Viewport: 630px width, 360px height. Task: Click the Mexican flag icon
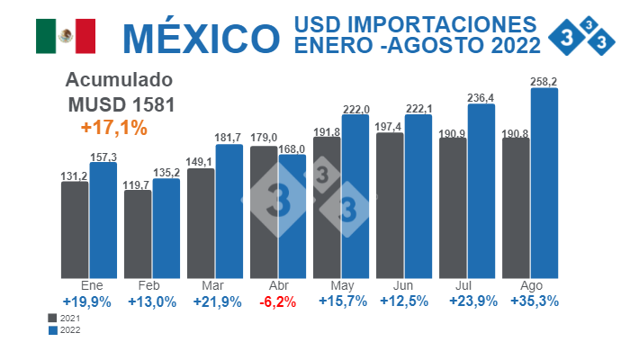click(x=65, y=35)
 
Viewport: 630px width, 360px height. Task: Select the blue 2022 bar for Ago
click(x=544, y=182)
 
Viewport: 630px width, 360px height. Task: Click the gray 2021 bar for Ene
click(x=75, y=229)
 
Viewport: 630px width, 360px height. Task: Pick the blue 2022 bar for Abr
click(x=292, y=216)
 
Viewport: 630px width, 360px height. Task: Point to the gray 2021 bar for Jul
click(x=453, y=207)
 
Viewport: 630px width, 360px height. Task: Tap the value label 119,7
click(x=137, y=184)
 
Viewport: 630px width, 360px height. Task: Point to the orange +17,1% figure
click(x=113, y=128)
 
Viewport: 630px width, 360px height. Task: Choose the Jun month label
click(x=403, y=286)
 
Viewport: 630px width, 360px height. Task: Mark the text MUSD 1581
click(x=121, y=103)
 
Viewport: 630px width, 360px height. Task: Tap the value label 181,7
click(x=229, y=138)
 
